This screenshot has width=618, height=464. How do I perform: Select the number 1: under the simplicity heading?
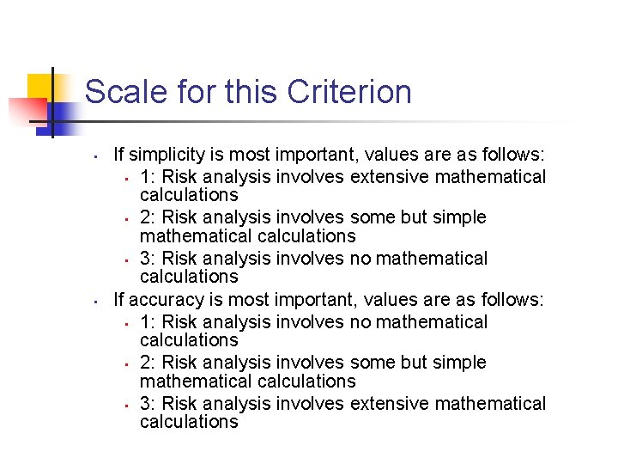point(147,177)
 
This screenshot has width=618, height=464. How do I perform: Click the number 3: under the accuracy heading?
point(148,403)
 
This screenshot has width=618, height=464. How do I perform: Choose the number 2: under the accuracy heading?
point(148,363)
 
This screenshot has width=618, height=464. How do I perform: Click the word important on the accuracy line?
point(316,300)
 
